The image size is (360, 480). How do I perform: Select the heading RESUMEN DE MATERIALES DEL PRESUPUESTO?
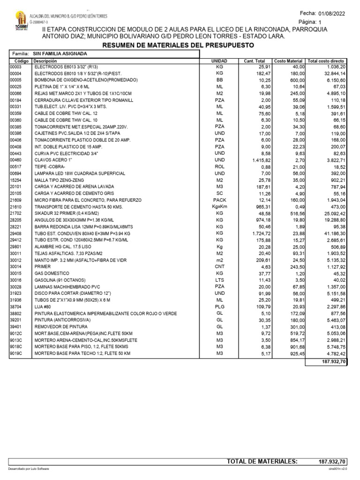pos(178,45)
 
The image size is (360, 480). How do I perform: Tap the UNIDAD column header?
pos(219,61)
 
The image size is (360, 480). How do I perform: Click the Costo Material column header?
pos(288,61)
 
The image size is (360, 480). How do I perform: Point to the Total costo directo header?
pos(326,61)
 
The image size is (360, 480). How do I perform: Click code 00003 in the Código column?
pos(16,67)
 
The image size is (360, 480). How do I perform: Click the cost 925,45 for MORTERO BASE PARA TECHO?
pos(296,353)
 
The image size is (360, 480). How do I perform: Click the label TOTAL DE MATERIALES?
pos(262,462)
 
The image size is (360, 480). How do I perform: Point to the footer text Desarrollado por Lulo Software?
pos(28,469)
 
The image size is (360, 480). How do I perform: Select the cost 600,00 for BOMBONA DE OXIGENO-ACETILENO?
pos(296,80)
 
